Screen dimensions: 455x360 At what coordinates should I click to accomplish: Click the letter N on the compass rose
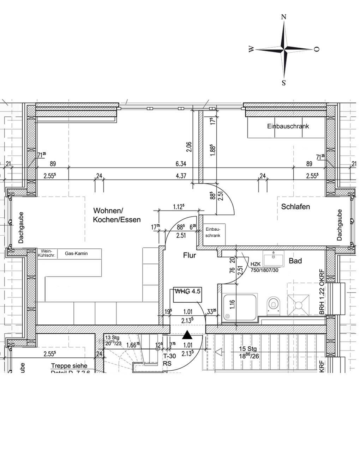(283, 17)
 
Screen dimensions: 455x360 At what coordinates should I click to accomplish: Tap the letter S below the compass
(283, 83)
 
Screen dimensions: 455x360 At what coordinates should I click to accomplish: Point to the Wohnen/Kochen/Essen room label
(116, 215)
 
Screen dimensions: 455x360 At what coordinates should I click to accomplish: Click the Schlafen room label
(295, 207)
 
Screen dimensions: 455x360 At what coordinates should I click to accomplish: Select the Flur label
(189, 255)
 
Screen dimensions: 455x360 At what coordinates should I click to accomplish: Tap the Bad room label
(295, 261)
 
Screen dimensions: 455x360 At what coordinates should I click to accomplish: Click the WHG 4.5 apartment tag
(188, 291)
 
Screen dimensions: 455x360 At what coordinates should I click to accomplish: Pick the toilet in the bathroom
(273, 303)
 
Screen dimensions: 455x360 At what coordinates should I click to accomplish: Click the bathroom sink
(273, 259)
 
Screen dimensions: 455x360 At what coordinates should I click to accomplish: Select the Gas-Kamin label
(76, 253)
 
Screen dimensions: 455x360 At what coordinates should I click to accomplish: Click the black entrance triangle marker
(187, 335)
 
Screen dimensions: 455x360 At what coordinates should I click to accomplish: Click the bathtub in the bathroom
(240, 308)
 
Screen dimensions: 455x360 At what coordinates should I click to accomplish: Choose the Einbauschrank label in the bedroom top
(288, 126)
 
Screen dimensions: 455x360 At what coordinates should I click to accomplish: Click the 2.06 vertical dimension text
(189, 146)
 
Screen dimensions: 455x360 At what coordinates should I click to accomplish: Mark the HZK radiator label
(255, 264)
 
